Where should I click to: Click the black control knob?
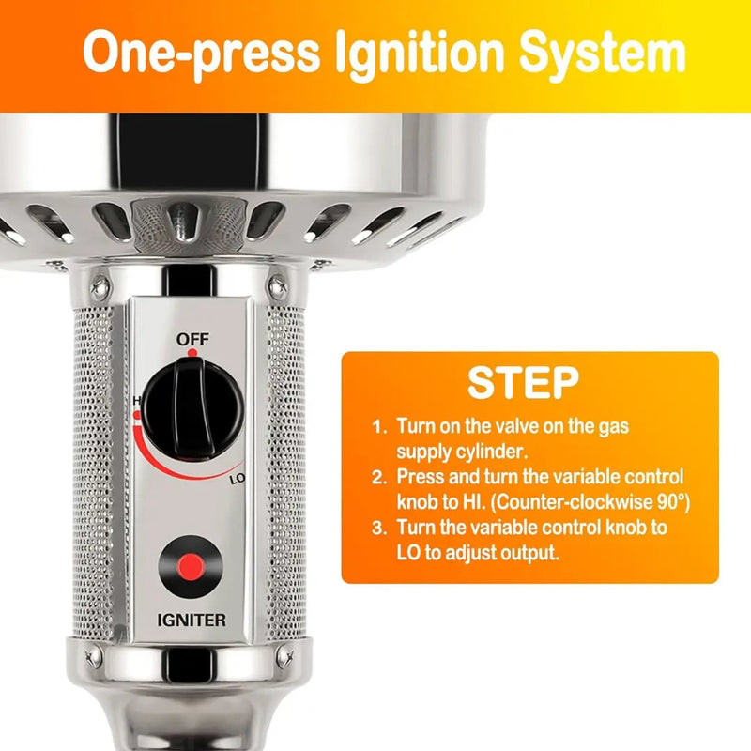pos(193,409)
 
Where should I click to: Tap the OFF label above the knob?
pos(192,339)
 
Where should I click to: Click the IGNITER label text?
pos(192,621)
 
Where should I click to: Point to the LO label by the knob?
pos(238,479)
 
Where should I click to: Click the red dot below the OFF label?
pos(192,353)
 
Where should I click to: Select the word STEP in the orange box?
pos(523,383)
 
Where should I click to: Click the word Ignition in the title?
pos(420,53)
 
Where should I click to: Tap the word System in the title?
pos(603,53)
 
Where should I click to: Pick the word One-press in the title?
pos(201,53)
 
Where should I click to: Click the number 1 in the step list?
pos(378,427)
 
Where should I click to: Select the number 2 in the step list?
pos(378,478)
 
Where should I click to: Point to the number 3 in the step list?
pos(378,529)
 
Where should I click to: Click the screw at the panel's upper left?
pos(100,289)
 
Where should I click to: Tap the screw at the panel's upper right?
pos(278,288)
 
